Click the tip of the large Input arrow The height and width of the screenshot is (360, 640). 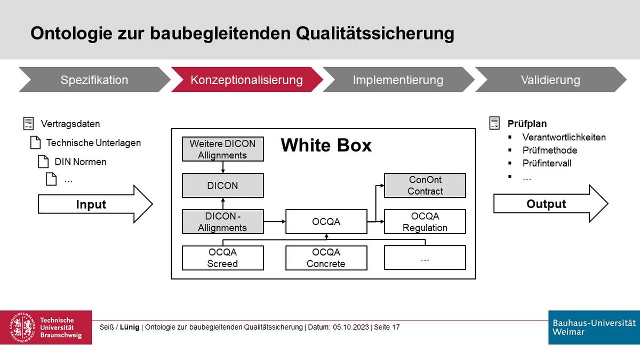pos(153,204)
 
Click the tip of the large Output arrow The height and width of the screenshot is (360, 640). pos(608,203)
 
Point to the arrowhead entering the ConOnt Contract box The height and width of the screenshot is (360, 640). pos(382,186)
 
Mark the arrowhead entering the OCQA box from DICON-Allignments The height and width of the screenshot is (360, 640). pos(284,221)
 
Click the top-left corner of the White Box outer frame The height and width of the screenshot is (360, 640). pos(171,129)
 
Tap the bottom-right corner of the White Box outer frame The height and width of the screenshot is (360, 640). pos(476,279)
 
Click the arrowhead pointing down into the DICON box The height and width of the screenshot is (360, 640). pos(223,171)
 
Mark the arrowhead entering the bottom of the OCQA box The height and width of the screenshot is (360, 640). pos(326,236)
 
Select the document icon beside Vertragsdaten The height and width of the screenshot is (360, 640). pos(29,123)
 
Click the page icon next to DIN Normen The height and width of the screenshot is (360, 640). pos(43,162)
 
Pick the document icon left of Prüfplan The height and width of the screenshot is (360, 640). pos(494,123)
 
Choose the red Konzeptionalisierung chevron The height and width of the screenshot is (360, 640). pos(247,79)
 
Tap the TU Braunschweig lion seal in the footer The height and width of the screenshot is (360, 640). pos(23,327)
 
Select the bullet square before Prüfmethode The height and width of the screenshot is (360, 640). pos(510,150)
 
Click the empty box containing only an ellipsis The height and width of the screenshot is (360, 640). pos(425,258)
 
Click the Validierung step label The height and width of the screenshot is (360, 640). pos(550,80)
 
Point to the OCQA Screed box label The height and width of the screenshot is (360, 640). pos(222,258)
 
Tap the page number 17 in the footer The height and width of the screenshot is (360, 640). pos(396,327)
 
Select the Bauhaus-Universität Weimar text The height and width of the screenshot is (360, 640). pos(594,327)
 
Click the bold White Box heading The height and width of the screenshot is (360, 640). pos(326,145)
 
